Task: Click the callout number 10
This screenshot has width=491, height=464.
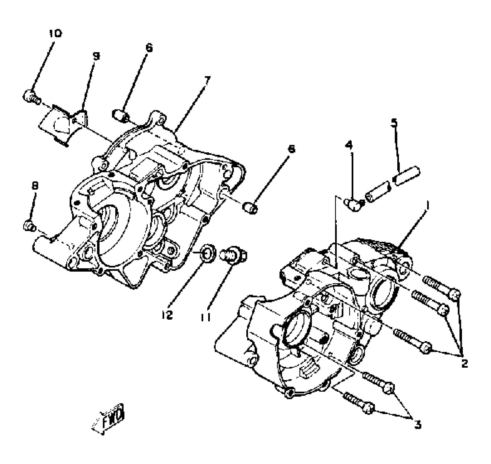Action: [55, 33]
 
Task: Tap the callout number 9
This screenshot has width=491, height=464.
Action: [96, 56]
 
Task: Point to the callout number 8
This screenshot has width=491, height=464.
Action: [35, 186]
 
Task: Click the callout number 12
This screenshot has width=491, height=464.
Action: [167, 315]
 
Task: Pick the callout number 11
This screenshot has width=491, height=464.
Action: [205, 317]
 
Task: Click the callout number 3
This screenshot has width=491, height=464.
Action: [418, 424]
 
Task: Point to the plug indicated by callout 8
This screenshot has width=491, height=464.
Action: [29, 226]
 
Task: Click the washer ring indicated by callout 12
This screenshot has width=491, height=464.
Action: [208, 254]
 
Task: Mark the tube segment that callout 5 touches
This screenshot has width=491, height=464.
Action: [406, 176]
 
